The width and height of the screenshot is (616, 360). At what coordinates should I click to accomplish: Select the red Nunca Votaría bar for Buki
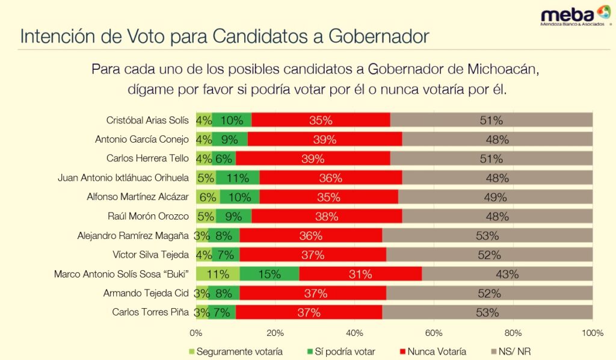click(360, 275)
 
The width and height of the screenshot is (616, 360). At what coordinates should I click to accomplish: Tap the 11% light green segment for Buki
click(218, 275)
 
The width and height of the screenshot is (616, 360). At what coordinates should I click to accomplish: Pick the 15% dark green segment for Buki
click(269, 275)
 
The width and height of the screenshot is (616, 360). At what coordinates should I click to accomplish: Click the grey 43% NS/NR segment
click(507, 275)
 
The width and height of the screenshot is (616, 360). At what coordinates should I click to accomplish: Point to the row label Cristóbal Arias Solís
click(147, 120)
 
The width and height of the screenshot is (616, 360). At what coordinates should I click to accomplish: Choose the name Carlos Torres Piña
click(150, 312)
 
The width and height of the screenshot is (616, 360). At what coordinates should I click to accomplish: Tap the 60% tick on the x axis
click(434, 333)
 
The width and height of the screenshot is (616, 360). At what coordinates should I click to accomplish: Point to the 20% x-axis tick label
click(275, 333)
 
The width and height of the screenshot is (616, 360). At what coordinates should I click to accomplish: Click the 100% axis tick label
click(592, 333)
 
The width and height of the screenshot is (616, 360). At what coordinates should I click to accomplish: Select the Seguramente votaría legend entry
click(235, 352)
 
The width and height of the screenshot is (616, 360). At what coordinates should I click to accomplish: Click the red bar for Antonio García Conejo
click(325, 140)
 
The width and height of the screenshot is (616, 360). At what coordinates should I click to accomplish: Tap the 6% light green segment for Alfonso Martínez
click(208, 197)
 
